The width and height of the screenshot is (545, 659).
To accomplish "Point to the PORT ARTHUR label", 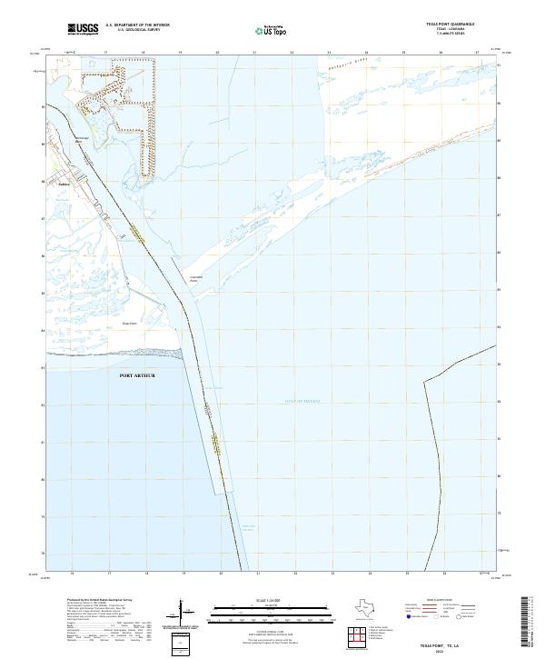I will coord(137,375).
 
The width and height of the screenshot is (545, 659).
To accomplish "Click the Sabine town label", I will coord(64,180).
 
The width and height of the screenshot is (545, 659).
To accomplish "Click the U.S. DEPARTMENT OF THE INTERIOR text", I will coord(137,25).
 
